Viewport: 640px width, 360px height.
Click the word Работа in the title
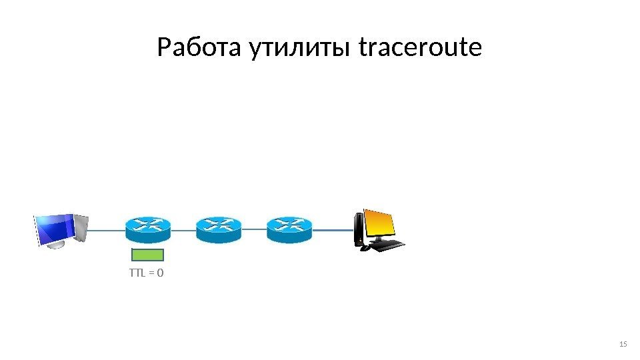(201, 48)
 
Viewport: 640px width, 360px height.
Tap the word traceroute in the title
(420, 48)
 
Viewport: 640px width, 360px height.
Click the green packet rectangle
(147, 254)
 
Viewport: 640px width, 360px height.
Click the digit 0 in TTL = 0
(161, 272)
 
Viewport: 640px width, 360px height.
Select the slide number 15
(623, 344)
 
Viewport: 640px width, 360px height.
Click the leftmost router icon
(147, 229)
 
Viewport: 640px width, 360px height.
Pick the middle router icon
(219, 229)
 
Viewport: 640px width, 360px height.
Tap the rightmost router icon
(289, 229)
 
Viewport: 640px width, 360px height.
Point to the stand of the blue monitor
(57, 245)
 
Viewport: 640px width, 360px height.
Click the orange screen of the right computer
(379, 225)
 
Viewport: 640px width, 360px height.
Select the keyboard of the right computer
(387, 245)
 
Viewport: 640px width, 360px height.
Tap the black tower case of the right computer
(359, 229)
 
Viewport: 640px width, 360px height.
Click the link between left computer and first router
(107, 229)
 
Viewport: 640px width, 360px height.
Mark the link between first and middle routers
(183, 229)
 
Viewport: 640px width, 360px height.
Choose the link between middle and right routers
(254, 229)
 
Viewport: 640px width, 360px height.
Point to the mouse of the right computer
(365, 249)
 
